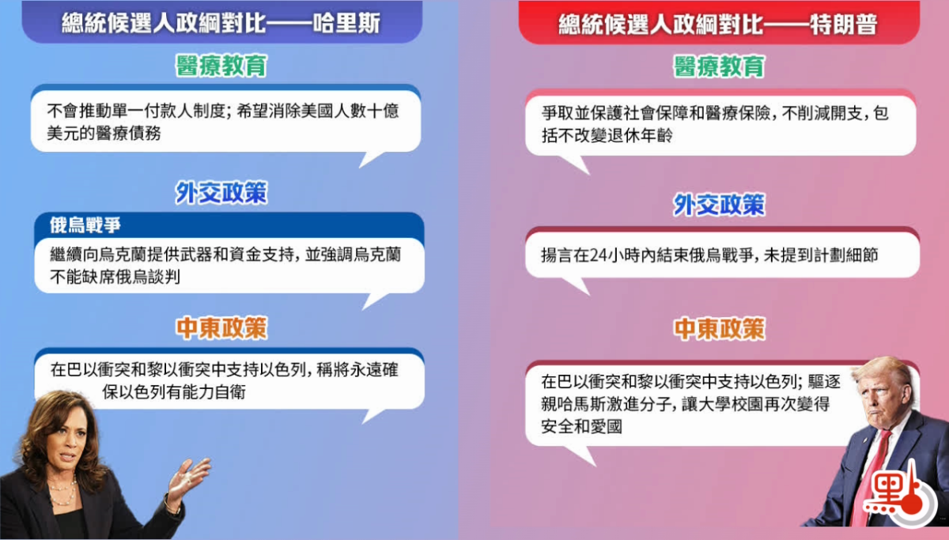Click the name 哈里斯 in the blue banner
click(x=346, y=23)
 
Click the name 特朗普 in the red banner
click(x=843, y=25)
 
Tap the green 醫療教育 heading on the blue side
click(x=221, y=66)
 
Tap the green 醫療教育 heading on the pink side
click(x=719, y=66)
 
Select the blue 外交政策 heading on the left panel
click(x=221, y=193)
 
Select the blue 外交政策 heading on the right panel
click(x=719, y=205)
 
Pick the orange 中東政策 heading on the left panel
click(x=221, y=328)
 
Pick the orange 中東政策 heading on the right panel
click(x=719, y=329)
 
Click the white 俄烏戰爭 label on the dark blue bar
click(x=85, y=225)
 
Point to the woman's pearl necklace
click(x=63, y=491)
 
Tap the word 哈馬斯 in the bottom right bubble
click(x=582, y=405)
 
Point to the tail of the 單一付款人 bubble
click(x=370, y=160)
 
